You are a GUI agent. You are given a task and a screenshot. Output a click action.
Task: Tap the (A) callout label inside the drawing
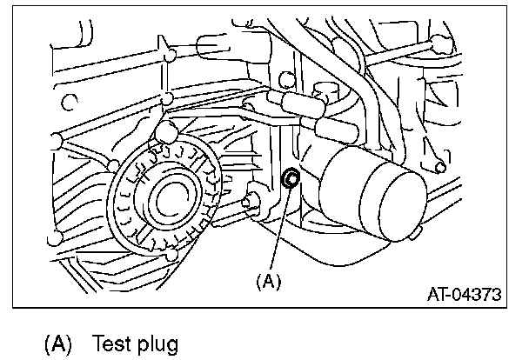(267, 281)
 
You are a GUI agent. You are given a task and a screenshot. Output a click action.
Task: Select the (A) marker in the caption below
(57, 343)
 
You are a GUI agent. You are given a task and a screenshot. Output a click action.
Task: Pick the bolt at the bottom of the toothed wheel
(173, 253)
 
